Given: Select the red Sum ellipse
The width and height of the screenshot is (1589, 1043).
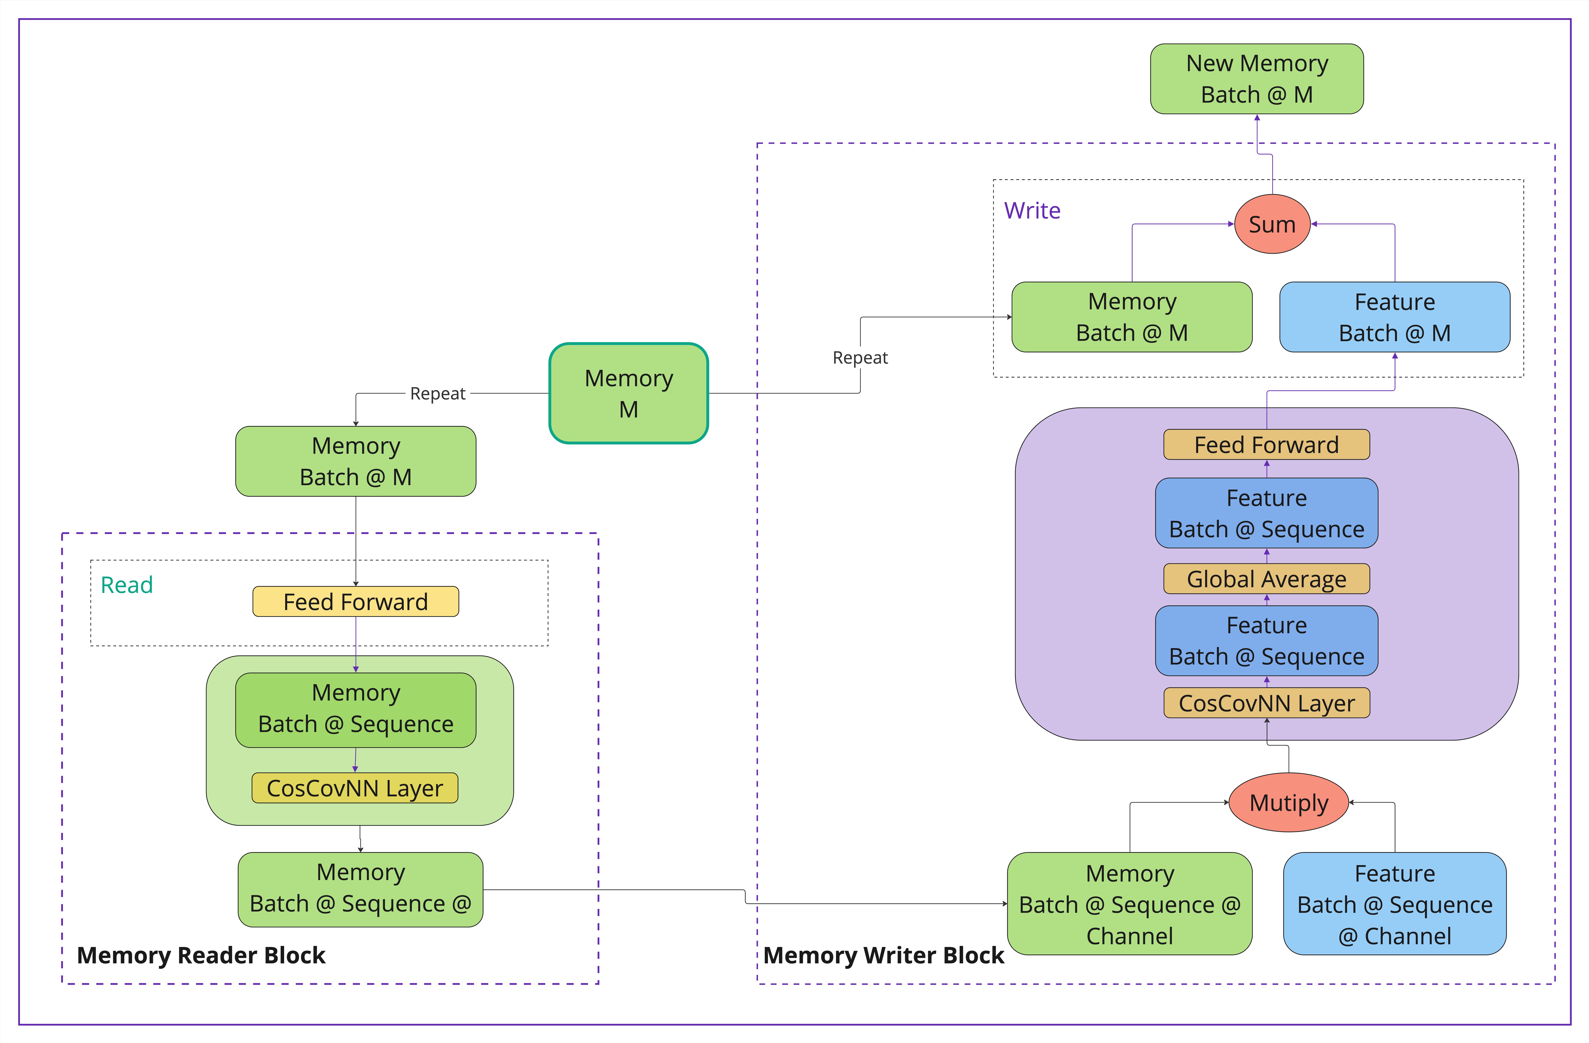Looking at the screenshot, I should pos(1272,224).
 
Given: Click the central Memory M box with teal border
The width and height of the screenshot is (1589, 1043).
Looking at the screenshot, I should pos(628,393).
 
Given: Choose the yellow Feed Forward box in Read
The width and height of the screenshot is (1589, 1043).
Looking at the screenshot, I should pos(355,602).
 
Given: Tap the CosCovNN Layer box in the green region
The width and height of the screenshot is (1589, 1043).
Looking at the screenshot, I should pos(354,788).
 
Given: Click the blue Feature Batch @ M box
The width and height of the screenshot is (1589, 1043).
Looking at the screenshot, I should pos(1394,317).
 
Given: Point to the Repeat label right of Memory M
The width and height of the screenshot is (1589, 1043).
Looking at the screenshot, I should pos(860,358).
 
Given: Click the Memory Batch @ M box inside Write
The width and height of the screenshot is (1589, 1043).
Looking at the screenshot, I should pos(1132,317).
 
